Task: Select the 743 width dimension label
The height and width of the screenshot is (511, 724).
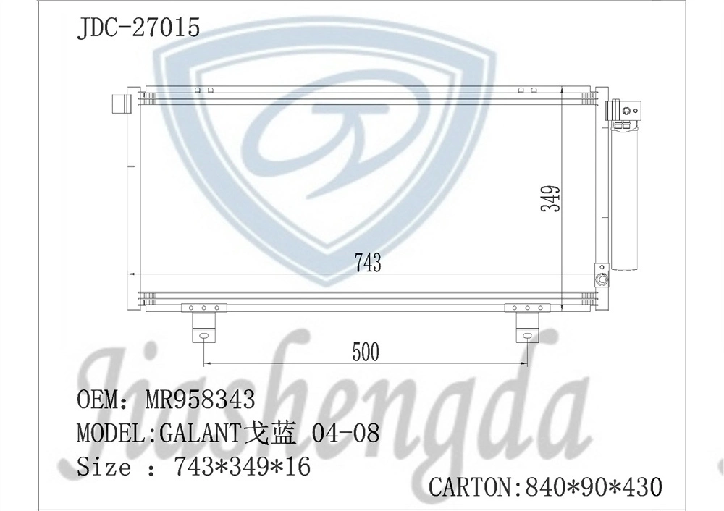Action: (x=368, y=263)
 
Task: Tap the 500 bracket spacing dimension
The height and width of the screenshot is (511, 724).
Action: (x=366, y=352)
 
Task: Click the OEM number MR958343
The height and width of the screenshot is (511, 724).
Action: (x=200, y=400)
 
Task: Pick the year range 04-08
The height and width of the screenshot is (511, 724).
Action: (x=345, y=434)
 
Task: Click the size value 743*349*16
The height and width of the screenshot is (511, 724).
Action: (x=242, y=467)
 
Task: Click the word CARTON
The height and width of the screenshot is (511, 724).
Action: (x=470, y=487)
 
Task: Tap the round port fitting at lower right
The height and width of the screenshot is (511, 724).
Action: (x=601, y=279)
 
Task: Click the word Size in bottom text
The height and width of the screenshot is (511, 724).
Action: (x=104, y=467)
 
